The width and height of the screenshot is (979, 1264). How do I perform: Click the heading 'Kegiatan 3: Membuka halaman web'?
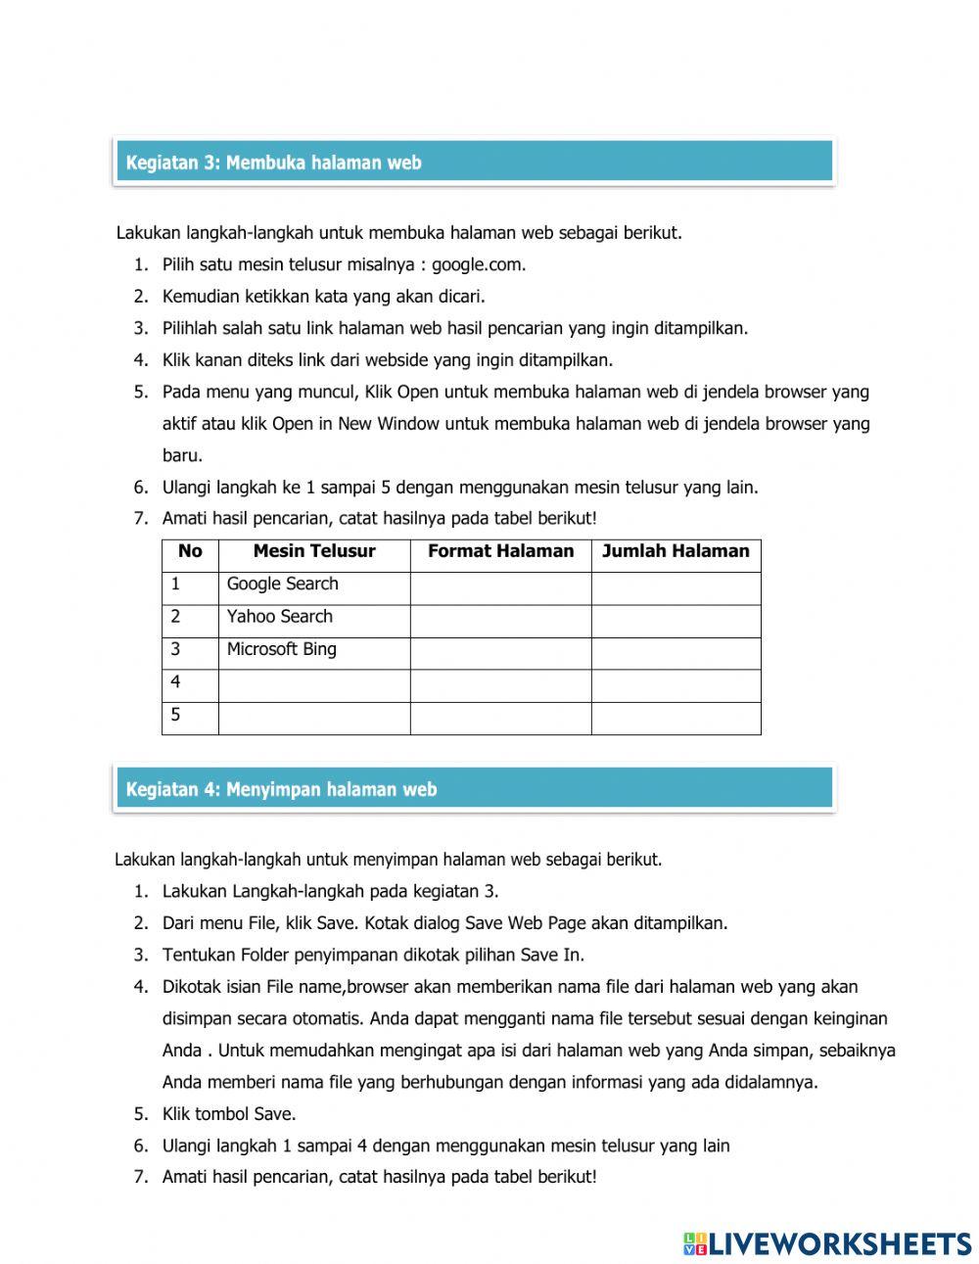pyautogui.click(x=273, y=163)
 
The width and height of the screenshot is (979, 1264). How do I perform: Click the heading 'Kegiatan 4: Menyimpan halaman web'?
pyautogui.click(x=281, y=789)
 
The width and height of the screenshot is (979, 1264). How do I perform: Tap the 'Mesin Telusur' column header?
pyautogui.click(x=313, y=551)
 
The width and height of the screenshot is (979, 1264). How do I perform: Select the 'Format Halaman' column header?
pyautogui.click(x=500, y=551)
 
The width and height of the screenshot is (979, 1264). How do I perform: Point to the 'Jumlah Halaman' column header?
pyautogui.click(x=676, y=551)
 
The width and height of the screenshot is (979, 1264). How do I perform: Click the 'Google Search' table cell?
pyautogui.click(x=283, y=584)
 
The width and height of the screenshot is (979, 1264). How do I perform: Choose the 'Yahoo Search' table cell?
pyautogui.click(x=280, y=616)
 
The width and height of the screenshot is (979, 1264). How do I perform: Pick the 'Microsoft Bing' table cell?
pyautogui.click(x=282, y=648)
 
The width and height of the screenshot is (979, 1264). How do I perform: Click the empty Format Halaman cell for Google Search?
pyautogui.click(x=500, y=588)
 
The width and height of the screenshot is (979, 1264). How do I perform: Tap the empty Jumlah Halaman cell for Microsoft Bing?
pyautogui.click(x=676, y=653)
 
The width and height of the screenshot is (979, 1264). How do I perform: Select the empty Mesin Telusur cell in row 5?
pyautogui.click(x=313, y=718)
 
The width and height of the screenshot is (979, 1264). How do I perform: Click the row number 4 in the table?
pyautogui.click(x=176, y=681)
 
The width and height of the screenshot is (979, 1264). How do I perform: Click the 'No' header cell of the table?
pyautogui.click(x=190, y=551)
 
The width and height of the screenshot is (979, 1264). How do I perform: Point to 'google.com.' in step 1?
pyautogui.click(x=479, y=264)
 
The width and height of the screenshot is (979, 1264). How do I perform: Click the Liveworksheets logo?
pyautogui.click(x=826, y=1243)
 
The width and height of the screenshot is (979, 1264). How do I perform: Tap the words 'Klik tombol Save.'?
pyautogui.click(x=229, y=1113)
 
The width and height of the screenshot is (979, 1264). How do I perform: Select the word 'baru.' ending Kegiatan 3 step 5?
pyautogui.click(x=183, y=455)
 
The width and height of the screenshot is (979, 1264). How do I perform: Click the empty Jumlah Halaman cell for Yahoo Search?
pyautogui.click(x=676, y=621)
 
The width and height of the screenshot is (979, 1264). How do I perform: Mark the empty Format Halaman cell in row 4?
pyautogui.click(x=500, y=685)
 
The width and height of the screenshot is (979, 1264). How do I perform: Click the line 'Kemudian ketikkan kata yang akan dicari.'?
pyautogui.click(x=323, y=296)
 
